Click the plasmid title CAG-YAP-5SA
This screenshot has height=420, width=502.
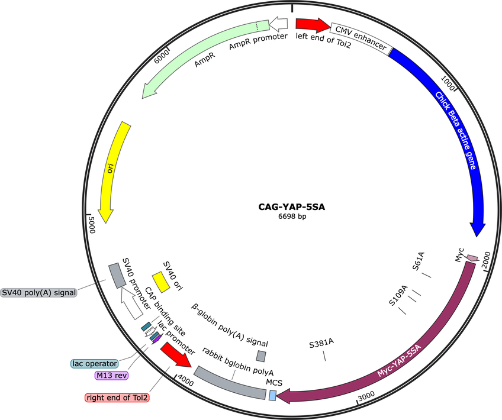click(x=292, y=207)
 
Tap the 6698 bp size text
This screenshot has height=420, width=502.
click(x=292, y=217)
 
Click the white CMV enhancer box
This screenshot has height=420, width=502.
click(x=361, y=38)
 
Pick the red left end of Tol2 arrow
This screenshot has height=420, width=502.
click(x=313, y=25)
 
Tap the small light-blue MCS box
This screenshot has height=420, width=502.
click(x=272, y=395)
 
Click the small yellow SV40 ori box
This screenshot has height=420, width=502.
click(x=160, y=282)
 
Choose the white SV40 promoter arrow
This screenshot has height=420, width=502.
click(x=131, y=303)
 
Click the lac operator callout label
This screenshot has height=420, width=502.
click(x=95, y=364)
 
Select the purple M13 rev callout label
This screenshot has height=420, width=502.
click(x=111, y=375)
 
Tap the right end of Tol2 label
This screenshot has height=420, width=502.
click(x=117, y=398)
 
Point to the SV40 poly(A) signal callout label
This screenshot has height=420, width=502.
click(x=38, y=292)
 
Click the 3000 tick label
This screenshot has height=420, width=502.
click(x=366, y=395)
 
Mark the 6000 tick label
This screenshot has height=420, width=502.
click(x=162, y=56)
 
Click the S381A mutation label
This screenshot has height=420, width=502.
click(x=321, y=343)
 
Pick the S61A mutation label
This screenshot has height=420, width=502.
click(x=418, y=261)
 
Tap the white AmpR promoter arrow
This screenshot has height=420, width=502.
click(x=278, y=24)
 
